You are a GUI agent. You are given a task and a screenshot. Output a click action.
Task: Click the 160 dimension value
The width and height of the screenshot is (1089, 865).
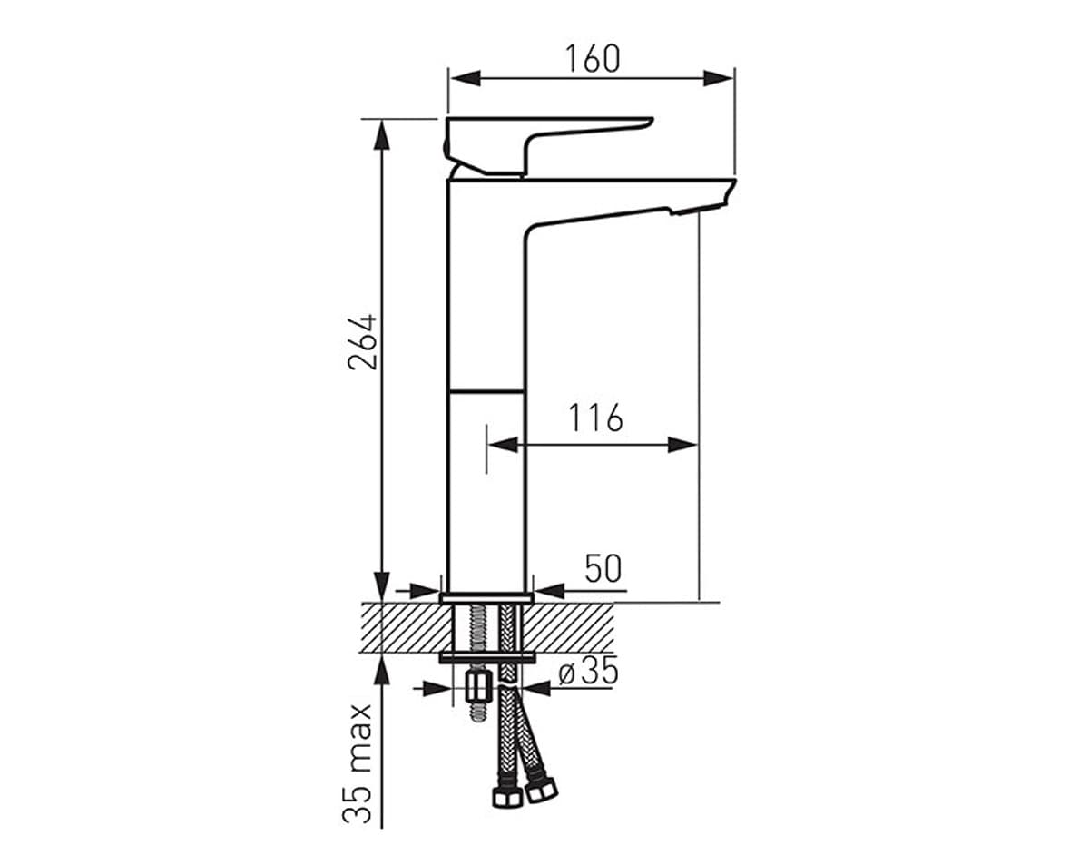593,59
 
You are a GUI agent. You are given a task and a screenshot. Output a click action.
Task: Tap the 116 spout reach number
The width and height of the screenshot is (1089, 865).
595,418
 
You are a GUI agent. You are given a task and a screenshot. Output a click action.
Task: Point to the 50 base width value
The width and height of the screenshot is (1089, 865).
603,570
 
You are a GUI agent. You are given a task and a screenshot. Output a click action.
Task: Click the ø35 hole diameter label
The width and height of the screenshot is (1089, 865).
589,673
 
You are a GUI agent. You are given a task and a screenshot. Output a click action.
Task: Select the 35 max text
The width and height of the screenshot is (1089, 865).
361,762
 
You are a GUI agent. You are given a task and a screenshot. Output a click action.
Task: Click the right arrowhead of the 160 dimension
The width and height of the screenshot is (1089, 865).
721,78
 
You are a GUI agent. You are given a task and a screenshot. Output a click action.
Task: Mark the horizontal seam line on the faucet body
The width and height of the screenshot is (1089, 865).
486,390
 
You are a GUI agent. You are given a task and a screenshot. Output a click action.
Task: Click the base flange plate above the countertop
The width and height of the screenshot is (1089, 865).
486,599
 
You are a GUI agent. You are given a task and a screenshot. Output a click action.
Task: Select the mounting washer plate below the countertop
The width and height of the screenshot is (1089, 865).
486,657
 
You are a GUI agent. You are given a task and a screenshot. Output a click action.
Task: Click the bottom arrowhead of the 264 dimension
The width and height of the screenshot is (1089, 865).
382,586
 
